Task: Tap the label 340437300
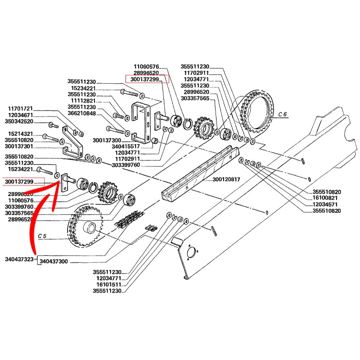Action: coord(54,261)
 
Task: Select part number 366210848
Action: coord(81,114)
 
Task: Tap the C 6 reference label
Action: coord(282,115)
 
